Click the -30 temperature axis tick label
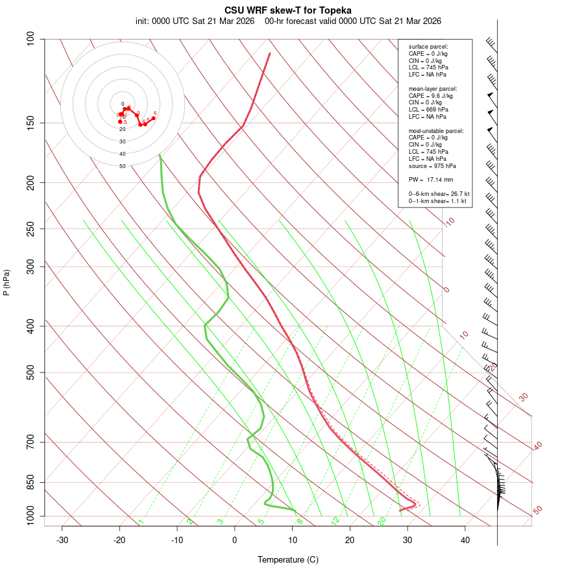tap(62, 540)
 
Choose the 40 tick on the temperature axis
tap(465, 540)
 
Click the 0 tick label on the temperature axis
tap(235, 540)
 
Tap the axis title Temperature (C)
tap(288, 560)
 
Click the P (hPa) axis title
tap(7, 282)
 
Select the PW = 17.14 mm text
tap(430, 179)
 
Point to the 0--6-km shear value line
tap(439, 194)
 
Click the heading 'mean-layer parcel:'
tap(433, 88)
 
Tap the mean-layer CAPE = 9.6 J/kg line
tap(430, 95)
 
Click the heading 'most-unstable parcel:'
tap(436, 130)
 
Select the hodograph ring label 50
tap(123, 166)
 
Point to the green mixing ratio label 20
tap(382, 520)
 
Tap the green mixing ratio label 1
tap(141, 521)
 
